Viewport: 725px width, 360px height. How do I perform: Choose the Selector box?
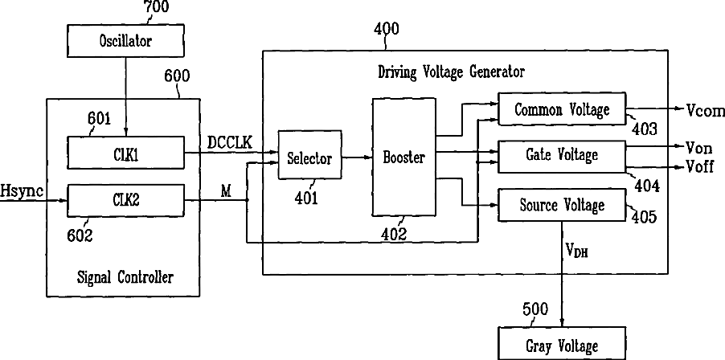[309, 158]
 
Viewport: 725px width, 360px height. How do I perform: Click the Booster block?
[403, 157]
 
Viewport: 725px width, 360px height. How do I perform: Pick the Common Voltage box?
[562, 108]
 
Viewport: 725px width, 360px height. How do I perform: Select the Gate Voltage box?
[562, 153]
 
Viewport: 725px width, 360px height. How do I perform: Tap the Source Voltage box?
[562, 206]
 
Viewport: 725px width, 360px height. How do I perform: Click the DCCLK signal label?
[230, 141]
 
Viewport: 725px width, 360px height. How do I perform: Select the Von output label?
[699, 147]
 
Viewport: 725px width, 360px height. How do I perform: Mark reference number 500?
[535, 309]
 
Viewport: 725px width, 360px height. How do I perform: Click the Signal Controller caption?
[125, 277]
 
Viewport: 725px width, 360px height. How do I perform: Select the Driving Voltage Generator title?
[451, 72]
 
